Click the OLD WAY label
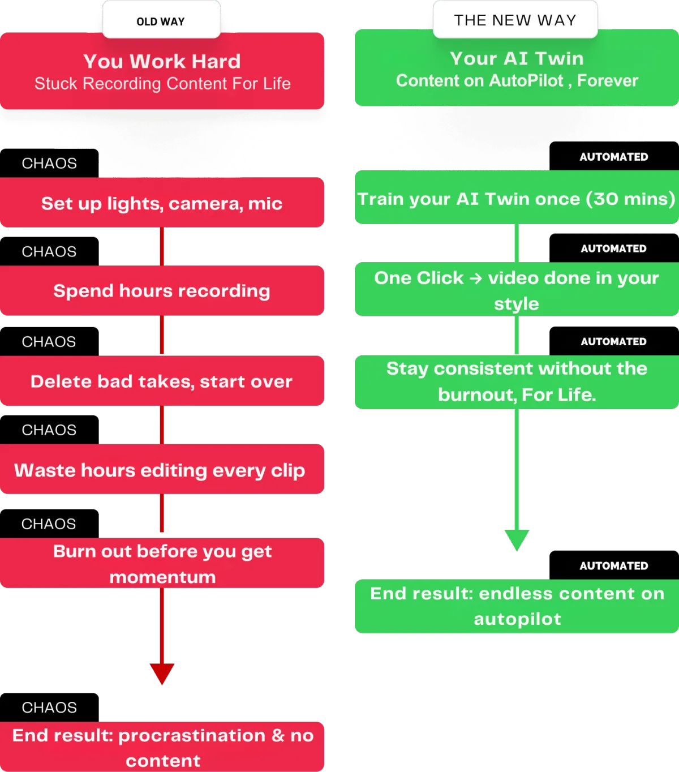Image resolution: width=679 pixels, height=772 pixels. click(x=161, y=22)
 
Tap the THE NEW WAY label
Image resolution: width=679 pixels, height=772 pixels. click(x=515, y=20)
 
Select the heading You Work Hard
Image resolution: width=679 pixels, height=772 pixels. click(x=162, y=61)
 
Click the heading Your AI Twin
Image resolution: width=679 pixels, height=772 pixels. click(x=517, y=58)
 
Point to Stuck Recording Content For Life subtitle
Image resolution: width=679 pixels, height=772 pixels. click(x=162, y=83)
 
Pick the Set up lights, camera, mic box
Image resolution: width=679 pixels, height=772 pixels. click(x=162, y=202)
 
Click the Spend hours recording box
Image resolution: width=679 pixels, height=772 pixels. click(x=162, y=290)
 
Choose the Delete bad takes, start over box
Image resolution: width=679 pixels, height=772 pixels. click(x=162, y=381)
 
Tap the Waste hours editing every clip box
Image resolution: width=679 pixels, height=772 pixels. click(x=162, y=469)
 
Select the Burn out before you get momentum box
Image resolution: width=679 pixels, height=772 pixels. click(x=162, y=563)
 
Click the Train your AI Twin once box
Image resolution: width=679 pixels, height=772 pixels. click(x=517, y=197)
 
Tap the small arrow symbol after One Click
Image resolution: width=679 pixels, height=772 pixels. click(x=475, y=278)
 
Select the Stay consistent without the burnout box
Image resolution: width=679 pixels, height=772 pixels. click(x=517, y=382)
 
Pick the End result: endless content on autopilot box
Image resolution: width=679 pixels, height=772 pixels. click(x=517, y=606)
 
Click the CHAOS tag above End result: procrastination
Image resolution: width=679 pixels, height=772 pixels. click(x=49, y=707)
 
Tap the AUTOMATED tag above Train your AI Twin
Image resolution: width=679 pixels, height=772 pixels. click(x=614, y=156)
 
